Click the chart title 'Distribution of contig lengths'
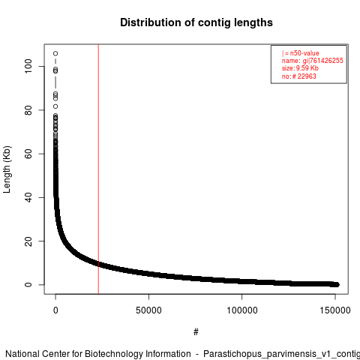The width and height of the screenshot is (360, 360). [196, 22]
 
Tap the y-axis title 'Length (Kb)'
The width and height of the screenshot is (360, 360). [7, 169]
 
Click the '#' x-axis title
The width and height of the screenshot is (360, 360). [196, 332]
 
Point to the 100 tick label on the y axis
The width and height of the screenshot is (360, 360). [28, 66]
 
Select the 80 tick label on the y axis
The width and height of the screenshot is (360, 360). [28, 110]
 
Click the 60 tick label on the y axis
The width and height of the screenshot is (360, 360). [28, 154]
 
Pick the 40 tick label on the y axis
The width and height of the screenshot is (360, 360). [28, 197]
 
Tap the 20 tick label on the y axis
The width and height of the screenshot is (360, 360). [28, 241]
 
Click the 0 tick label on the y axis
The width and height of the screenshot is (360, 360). [28, 285]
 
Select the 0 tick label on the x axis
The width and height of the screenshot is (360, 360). [55, 310]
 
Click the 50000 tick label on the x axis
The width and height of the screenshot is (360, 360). [148, 310]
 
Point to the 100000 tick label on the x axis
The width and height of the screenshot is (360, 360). [242, 310]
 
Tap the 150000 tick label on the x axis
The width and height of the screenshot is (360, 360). [335, 310]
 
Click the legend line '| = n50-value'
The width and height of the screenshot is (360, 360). [301, 53]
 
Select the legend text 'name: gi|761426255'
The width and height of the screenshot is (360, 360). [313, 61]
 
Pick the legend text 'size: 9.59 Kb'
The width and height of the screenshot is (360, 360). [300, 68]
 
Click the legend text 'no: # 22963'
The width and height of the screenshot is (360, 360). [299, 76]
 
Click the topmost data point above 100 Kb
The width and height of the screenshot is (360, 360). [55, 53]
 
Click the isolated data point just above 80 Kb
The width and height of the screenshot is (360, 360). [55, 106]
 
